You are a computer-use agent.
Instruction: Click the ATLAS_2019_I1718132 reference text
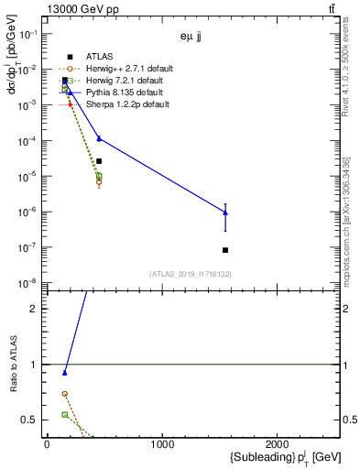pyautogui.click(x=191, y=274)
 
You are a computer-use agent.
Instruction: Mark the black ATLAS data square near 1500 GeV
pyautogui.click(x=225, y=250)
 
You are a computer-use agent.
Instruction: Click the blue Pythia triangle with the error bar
pyautogui.click(x=225, y=213)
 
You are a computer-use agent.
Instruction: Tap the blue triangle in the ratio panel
pyautogui.click(x=64, y=373)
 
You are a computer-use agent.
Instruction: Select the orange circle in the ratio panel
pyautogui.click(x=64, y=394)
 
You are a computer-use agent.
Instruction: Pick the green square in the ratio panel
pyautogui.click(x=64, y=415)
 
